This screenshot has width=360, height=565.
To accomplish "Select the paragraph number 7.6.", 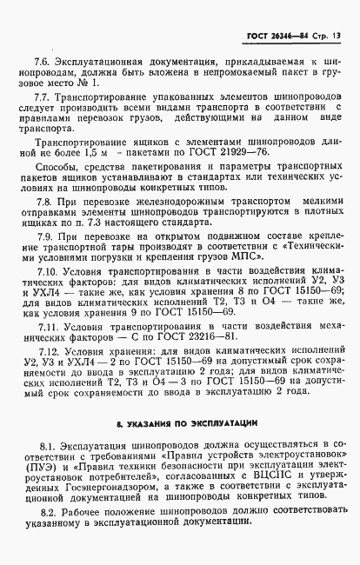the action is (x=43, y=63).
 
